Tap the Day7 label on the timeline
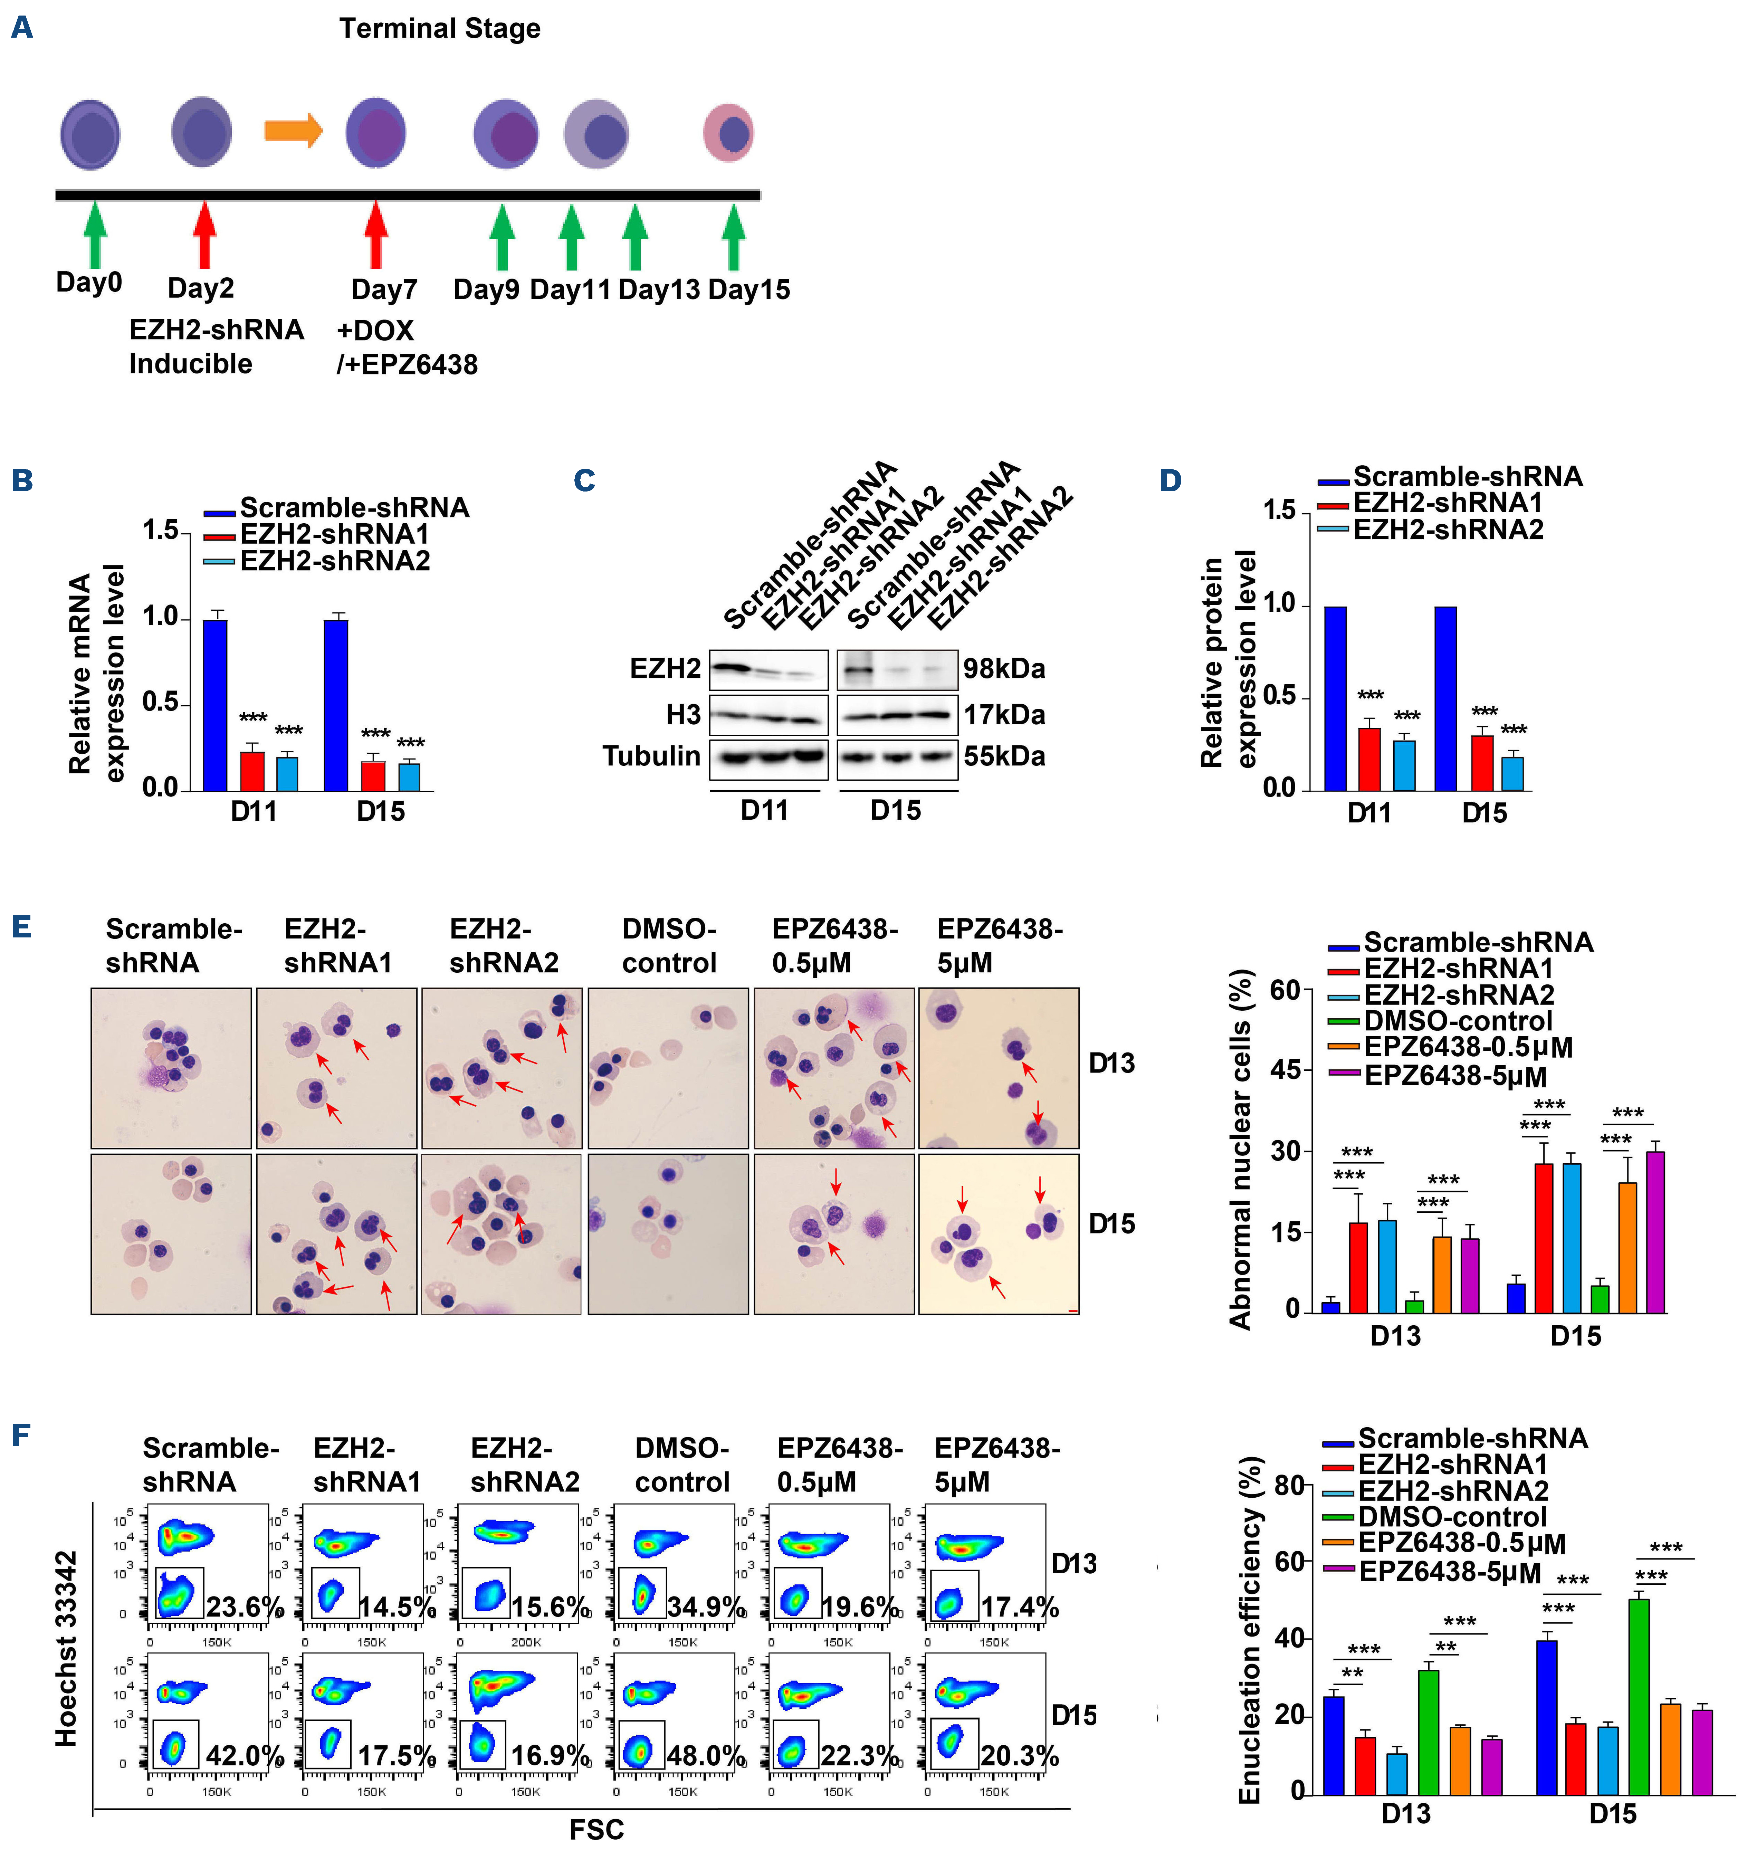[x=384, y=289]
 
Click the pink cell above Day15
[x=728, y=133]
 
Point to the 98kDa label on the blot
[x=1004, y=668]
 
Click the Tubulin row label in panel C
[x=651, y=756]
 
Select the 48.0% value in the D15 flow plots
[x=706, y=1756]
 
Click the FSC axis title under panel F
[x=596, y=1830]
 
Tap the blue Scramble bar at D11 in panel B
[x=215, y=705]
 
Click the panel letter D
[x=1171, y=480]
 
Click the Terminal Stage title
[x=440, y=29]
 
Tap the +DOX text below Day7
[x=375, y=331]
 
